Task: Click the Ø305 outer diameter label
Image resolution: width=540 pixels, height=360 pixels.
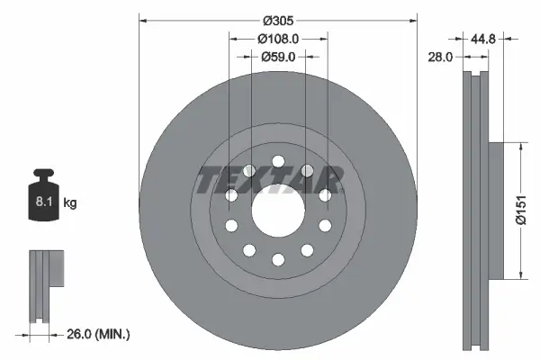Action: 278,20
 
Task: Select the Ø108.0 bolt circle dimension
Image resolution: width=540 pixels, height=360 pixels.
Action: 278,39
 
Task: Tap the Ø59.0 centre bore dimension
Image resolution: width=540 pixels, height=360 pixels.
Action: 278,57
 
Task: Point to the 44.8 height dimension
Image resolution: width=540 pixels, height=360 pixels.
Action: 486,39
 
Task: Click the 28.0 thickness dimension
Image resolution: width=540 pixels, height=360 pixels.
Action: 441,56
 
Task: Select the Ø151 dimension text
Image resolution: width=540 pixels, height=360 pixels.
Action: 520,210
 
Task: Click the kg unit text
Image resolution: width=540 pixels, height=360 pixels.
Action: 70,203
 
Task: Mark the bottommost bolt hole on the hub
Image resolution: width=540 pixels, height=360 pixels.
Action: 278,259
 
